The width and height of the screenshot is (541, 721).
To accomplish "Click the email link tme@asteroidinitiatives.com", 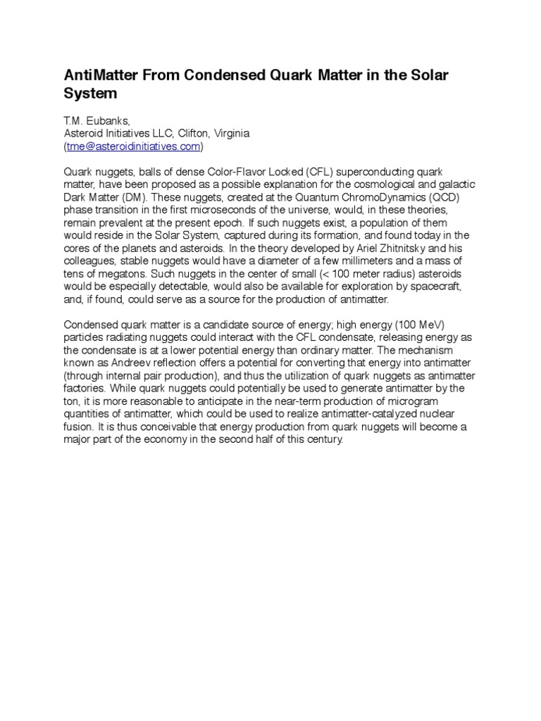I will tap(133, 146).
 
